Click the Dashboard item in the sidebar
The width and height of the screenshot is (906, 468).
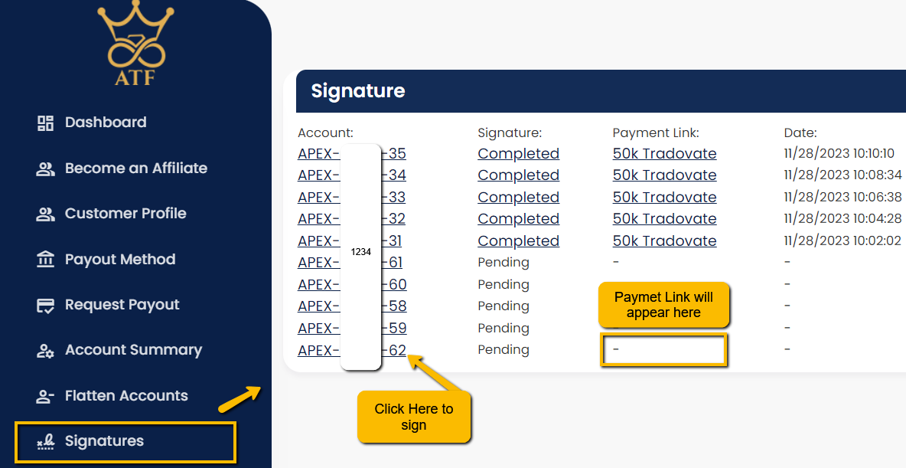pyautogui.click(x=91, y=123)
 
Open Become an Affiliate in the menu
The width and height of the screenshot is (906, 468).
pyautogui.click(x=122, y=169)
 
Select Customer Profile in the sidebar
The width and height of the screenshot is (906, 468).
pyautogui.click(x=111, y=214)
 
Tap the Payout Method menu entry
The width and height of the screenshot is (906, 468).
pyautogui.click(x=106, y=259)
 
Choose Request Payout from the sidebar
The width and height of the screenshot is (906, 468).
pyautogui.click(x=108, y=305)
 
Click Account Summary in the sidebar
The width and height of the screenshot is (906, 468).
pyautogui.click(x=119, y=350)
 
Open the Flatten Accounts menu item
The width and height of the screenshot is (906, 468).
pyautogui.click(x=112, y=396)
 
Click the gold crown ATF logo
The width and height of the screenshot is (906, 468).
pyautogui.click(x=135, y=44)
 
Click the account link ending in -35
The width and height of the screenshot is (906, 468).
pyautogui.click(x=352, y=153)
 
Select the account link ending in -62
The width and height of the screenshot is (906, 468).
pyautogui.click(x=352, y=350)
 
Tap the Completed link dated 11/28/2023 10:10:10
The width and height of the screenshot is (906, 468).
pyautogui.click(x=518, y=153)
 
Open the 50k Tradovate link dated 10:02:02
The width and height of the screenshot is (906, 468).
pyautogui.click(x=664, y=241)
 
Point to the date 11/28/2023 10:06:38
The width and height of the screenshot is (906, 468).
pyautogui.click(x=842, y=198)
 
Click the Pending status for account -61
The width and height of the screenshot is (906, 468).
pyautogui.click(x=504, y=263)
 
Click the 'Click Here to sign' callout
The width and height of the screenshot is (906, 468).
pyautogui.click(x=414, y=417)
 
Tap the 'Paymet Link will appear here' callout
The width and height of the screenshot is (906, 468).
pyautogui.click(x=663, y=305)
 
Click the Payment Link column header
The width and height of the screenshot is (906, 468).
pyautogui.click(x=656, y=133)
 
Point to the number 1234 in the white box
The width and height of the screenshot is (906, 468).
pyautogui.click(x=361, y=252)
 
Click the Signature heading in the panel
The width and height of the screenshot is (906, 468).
pyautogui.click(x=358, y=91)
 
